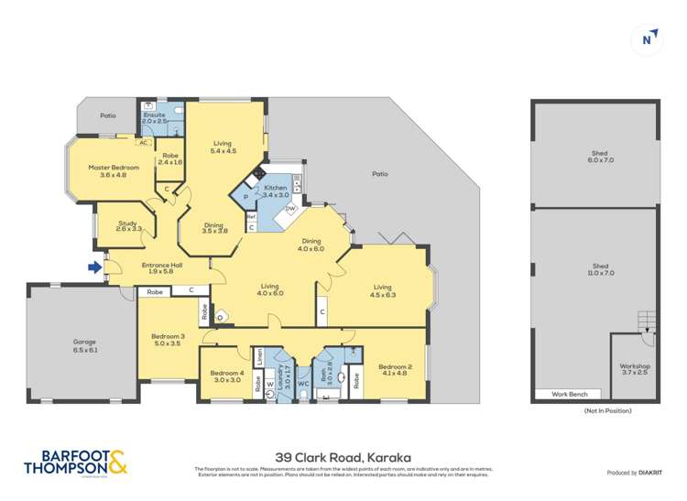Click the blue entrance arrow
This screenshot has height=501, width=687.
(x=94, y=267)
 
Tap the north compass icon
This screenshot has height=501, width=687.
(x=648, y=38)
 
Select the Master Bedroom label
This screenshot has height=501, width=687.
(x=114, y=171)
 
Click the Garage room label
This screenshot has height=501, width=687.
(x=84, y=346)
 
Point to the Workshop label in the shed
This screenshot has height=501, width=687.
(x=634, y=369)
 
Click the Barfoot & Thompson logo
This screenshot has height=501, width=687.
(x=75, y=463)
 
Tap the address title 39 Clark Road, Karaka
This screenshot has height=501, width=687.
(x=343, y=456)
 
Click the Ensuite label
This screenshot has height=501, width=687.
(x=155, y=118)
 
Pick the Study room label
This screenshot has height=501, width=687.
(x=131, y=225)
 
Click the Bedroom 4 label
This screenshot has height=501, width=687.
(x=226, y=376)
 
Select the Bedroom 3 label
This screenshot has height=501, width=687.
(x=168, y=340)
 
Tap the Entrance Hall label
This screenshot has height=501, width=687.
(x=161, y=268)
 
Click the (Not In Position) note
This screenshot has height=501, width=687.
(x=607, y=411)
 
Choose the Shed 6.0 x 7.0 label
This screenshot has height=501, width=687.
(x=599, y=157)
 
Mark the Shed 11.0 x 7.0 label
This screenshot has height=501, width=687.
(x=599, y=269)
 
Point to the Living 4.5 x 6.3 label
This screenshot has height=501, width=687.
(x=382, y=291)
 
